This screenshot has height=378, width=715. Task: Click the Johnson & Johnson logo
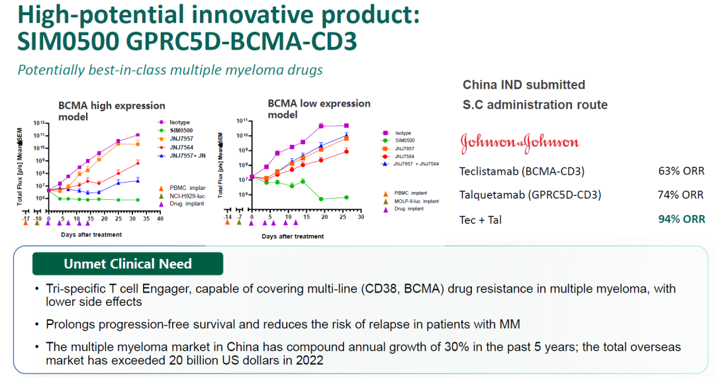519,142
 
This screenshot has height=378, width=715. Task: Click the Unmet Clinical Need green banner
128,263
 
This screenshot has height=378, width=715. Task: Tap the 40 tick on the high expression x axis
160,218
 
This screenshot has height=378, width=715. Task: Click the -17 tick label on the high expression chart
25,218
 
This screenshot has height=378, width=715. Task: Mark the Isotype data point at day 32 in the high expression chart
137,135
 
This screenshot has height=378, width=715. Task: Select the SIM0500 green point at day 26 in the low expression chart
346,197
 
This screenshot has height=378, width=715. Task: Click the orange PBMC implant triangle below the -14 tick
228,222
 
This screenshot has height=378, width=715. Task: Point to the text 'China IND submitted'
524,85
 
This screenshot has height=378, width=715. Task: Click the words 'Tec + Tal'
480,219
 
